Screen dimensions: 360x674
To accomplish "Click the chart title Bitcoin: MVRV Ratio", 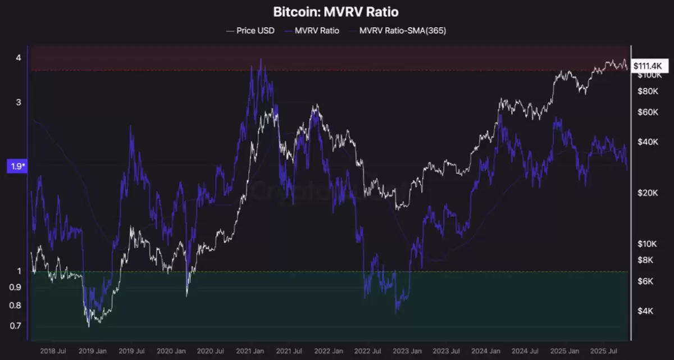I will pyautogui.click(x=337, y=11).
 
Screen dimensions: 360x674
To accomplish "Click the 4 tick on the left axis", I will pyautogui.click(x=19, y=57).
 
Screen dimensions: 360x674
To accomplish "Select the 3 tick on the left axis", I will pyautogui.click(x=19, y=102).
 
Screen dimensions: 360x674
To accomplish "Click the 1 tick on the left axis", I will pyautogui.click(x=19, y=271).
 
